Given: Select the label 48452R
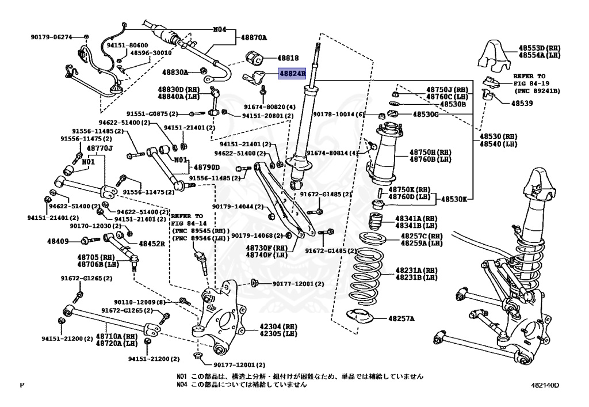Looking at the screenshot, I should click(x=151, y=244).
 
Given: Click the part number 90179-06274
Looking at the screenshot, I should click(x=52, y=37).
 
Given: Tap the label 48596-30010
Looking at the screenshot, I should click(x=151, y=52).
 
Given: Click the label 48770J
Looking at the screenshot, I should click(x=100, y=148).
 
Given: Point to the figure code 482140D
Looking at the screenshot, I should click(x=544, y=385).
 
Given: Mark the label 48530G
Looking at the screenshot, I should click(x=425, y=114).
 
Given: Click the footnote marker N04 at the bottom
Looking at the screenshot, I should click(x=182, y=384).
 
